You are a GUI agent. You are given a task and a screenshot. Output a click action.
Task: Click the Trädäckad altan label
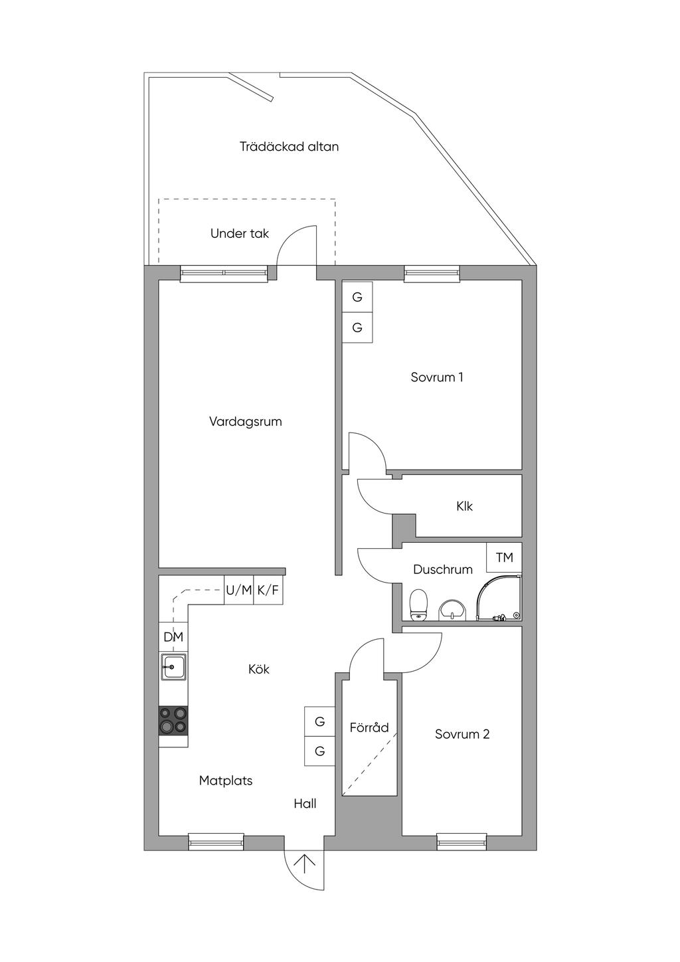289,147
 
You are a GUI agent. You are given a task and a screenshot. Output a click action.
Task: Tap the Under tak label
240,234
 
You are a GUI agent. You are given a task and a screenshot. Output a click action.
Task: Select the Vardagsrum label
246,422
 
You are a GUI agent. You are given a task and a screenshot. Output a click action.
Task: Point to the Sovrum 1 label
436,377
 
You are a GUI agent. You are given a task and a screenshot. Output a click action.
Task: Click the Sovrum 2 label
462,734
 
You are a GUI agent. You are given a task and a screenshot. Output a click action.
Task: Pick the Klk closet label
464,506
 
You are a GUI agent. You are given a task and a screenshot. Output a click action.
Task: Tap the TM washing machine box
504,557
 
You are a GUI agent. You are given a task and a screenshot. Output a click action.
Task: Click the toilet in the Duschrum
418,605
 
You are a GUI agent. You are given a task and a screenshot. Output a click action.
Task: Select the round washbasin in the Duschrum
452,609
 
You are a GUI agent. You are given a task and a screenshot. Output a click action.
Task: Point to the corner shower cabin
500,597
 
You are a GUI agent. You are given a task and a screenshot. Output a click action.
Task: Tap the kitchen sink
173,666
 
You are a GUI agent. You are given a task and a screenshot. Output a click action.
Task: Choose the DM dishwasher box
173,637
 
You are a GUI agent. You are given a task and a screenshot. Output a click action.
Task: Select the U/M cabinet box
238,590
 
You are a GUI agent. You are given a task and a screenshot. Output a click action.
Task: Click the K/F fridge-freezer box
268,590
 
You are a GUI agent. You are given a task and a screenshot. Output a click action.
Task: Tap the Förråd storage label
369,727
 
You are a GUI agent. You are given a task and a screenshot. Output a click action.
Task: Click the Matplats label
226,781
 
